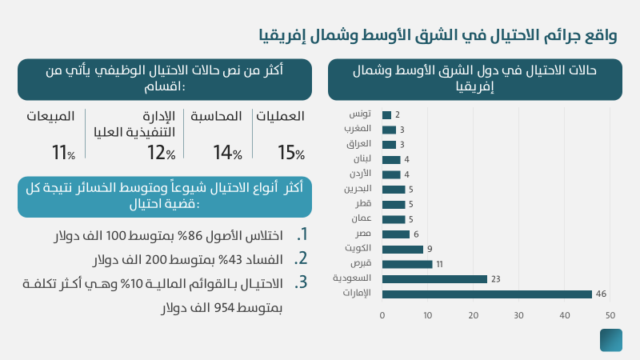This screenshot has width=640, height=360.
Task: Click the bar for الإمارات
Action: tap(486, 294)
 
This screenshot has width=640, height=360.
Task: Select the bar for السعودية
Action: tap(434, 279)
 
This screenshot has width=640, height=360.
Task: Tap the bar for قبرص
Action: tap(407, 264)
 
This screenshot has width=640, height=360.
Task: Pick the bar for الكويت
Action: tap(402, 249)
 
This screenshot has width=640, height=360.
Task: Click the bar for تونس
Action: tap(386, 115)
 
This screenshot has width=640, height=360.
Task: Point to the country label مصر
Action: tap(363, 234)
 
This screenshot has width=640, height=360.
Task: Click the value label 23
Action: tap(495, 279)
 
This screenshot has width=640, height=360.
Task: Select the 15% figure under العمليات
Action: tap(290, 152)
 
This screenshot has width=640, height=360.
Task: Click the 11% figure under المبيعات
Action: tap(62, 152)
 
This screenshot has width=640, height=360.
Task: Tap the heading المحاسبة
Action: tap(216, 117)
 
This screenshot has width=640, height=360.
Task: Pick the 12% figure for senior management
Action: tap(160, 152)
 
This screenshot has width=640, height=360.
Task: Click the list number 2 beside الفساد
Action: tap(302, 258)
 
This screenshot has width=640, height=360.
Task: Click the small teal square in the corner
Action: tap(611, 340)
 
